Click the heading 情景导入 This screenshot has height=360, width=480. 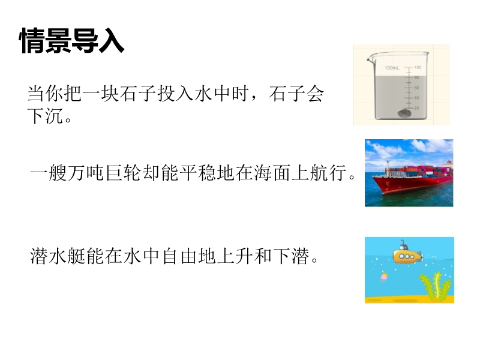click(x=72, y=41)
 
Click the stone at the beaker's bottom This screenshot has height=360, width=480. click(x=404, y=114)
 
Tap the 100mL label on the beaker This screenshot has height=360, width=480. click(x=392, y=68)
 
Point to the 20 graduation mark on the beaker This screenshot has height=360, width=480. click(x=416, y=108)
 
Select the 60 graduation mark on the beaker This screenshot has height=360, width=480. click(x=416, y=88)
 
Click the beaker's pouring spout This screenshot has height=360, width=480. click(x=370, y=58)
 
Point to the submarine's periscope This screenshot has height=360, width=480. click(x=403, y=244)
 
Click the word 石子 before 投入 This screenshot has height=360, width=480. click(x=139, y=94)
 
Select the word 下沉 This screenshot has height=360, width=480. click(x=46, y=116)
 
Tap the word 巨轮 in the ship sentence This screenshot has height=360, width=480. click(x=124, y=173)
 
